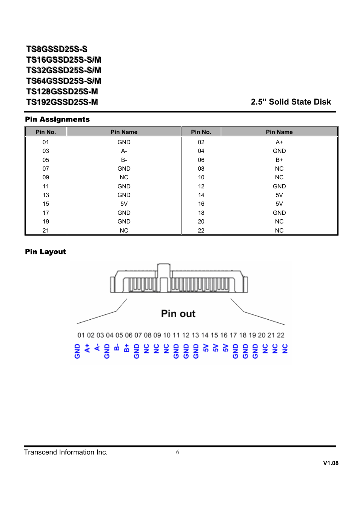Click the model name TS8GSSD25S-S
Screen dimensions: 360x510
point(57,49)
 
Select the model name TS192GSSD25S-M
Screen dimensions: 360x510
point(62,102)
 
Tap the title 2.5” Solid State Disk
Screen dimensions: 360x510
point(291,102)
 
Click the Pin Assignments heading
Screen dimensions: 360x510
point(57,119)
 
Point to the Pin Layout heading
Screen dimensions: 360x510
point(45,252)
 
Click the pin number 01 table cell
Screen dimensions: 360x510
point(46,142)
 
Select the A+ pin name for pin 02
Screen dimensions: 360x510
point(279,142)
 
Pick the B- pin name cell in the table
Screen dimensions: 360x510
point(124,160)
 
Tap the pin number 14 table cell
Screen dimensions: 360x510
point(201,195)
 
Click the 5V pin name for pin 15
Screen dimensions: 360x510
point(124,204)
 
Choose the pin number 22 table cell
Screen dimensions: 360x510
point(201,231)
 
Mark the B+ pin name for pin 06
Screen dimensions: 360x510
point(279,160)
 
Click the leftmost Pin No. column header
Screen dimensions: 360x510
point(46,132)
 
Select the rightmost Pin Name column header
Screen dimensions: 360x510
point(279,132)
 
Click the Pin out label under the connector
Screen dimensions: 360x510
point(178,314)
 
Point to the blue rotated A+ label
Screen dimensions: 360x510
point(87,348)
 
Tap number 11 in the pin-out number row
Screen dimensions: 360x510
point(176,335)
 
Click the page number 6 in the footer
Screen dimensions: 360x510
point(177,452)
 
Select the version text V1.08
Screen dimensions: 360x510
point(331,463)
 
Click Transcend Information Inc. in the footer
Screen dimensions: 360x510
point(66,452)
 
